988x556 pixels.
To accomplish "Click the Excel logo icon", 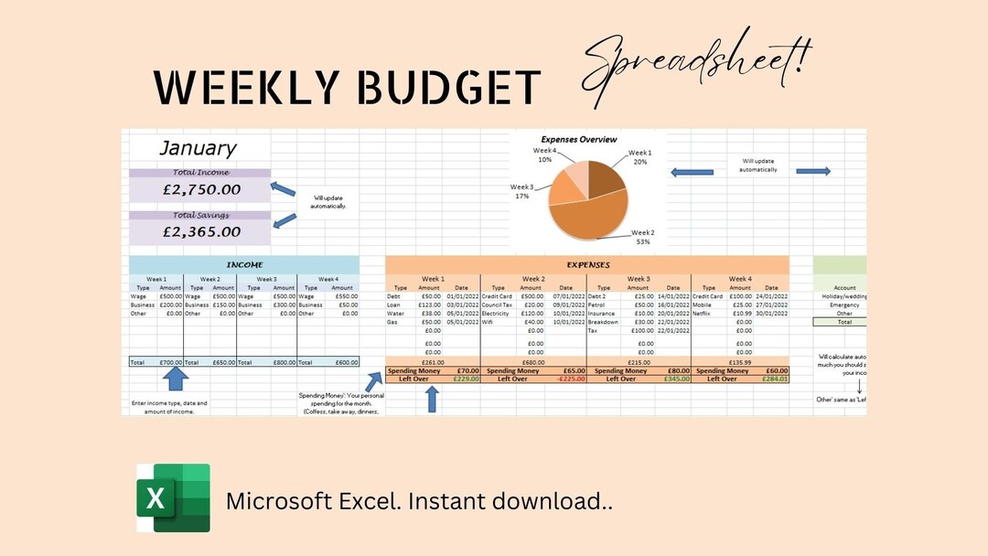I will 173,497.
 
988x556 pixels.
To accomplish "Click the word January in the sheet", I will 199,148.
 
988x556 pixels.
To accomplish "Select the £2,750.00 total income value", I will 201,190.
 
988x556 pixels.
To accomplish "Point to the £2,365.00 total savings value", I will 201,232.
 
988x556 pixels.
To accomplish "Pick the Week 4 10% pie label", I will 544,155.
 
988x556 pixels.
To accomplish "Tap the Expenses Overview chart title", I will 579,140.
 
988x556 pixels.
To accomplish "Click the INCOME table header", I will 244,265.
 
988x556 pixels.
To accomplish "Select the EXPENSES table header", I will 587,265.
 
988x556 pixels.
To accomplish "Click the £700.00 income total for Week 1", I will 170,362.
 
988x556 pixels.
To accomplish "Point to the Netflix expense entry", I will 703,314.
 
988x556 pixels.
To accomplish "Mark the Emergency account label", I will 844,305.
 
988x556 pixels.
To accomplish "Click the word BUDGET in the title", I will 447,89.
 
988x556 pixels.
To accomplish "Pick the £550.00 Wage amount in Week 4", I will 345,296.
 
